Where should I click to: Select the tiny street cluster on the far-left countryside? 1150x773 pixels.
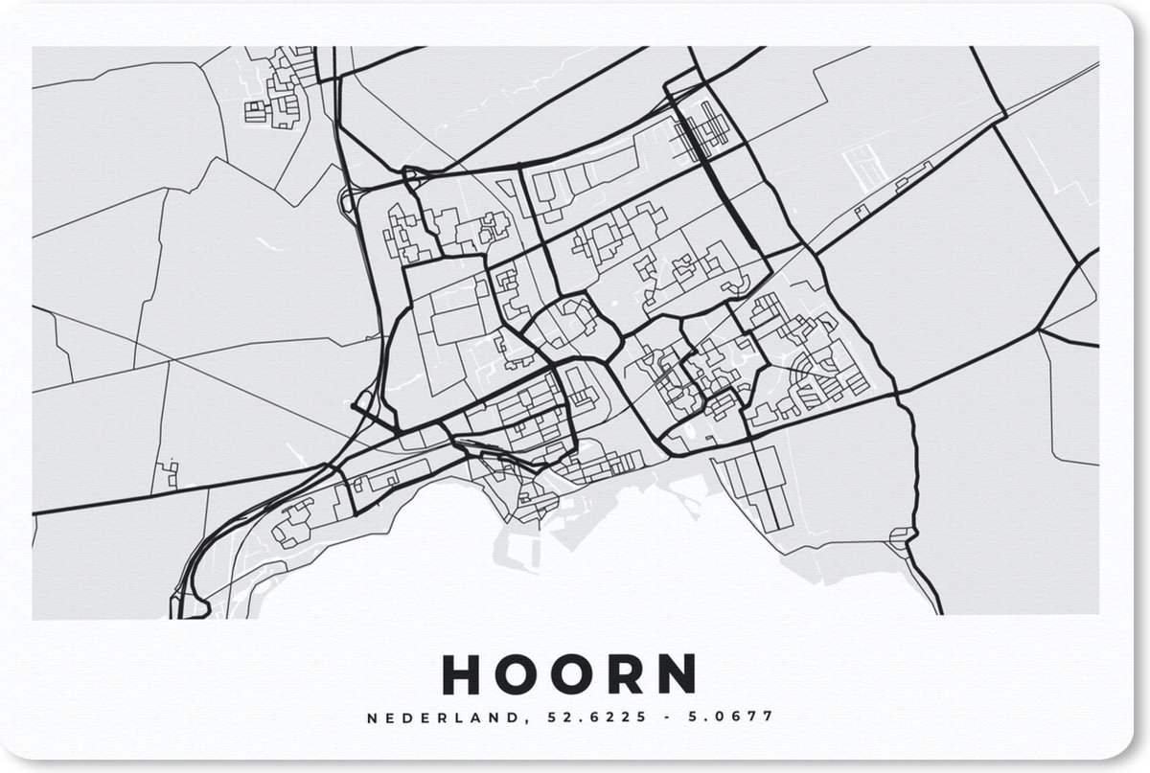168,472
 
